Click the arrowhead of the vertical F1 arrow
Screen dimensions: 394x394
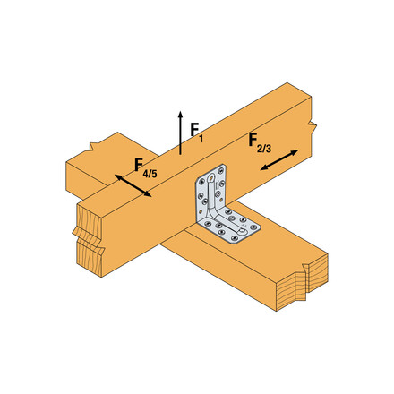tap(180, 115)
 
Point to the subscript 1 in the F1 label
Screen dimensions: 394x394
tap(201, 139)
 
